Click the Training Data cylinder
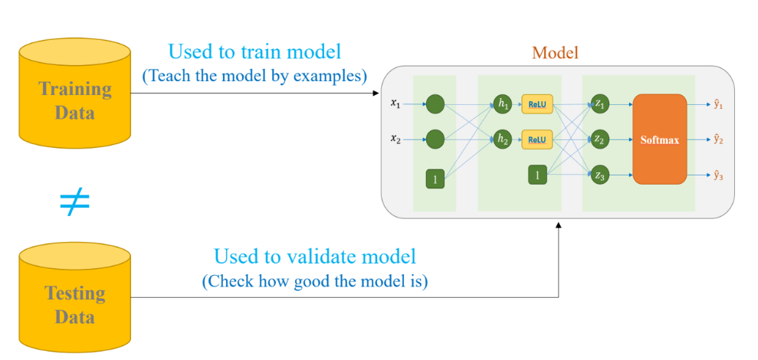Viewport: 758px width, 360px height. point(75,93)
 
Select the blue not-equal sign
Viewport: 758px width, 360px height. point(75,203)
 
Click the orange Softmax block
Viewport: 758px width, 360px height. point(659,139)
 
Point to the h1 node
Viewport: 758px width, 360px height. point(502,104)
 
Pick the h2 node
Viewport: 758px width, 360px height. point(502,140)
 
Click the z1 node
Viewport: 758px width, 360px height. point(600,104)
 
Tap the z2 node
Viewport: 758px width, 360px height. point(600,140)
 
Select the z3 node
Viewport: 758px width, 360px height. point(600,176)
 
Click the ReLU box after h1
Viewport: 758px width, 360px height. point(537,104)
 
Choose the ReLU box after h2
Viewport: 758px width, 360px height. point(537,140)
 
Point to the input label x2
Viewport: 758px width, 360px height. point(396,139)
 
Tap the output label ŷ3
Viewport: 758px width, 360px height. point(718,176)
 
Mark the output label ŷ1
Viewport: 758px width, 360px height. point(718,103)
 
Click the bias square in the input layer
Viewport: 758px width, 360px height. point(435,179)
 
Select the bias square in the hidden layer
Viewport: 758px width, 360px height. point(537,175)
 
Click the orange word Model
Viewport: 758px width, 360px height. point(555,53)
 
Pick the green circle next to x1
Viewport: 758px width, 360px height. point(435,104)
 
